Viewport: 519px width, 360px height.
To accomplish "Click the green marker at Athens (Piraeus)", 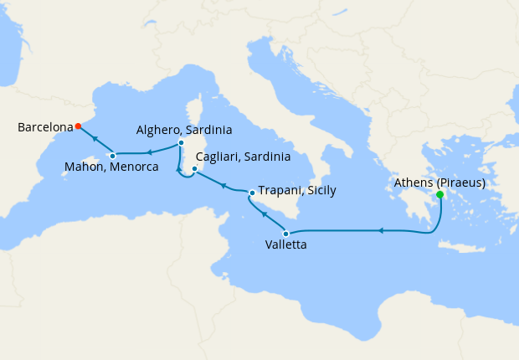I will pos(440,195).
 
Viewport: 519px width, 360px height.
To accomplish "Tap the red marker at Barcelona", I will pos(78,126).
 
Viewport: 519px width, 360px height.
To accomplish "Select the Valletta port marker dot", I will pos(286,234).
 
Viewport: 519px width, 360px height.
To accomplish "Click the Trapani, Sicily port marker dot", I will pos(252,193).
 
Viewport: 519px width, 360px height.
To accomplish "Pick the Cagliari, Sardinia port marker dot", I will pos(194,169).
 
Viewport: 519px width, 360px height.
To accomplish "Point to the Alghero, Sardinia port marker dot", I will pos(181,143).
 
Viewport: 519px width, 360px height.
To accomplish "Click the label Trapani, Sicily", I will pos(297,190).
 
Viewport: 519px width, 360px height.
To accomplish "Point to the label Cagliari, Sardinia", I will pos(243,157).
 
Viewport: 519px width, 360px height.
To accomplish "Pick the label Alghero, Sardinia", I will pos(184,130).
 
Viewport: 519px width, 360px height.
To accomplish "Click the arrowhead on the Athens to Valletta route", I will pos(381,230).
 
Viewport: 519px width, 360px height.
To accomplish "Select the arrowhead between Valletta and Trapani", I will pos(265,214).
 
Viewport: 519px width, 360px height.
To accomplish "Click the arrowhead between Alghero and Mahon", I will pos(148,152).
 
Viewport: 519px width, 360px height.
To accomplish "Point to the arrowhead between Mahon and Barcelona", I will pos(93,140).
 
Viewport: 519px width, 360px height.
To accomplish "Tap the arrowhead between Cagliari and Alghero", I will pos(177,171).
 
